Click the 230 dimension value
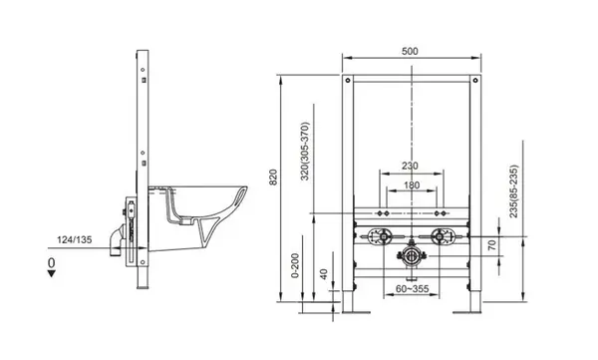pyautogui.click(x=413, y=167)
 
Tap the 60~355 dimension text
pyautogui.click(x=413, y=289)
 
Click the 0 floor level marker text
pyautogui.click(x=52, y=262)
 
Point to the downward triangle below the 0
pyautogui.click(x=52, y=278)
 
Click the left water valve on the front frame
pyautogui.click(x=378, y=238)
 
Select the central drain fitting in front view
pyautogui.click(x=410, y=258)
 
